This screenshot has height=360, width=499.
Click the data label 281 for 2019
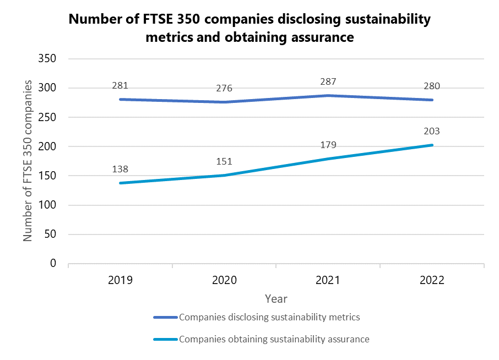tap(120, 85)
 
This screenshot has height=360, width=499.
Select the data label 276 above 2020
tap(224, 88)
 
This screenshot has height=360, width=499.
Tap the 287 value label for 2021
tap(328, 81)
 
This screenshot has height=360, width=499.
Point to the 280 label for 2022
tap(432, 86)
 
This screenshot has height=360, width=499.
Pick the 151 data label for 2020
tap(224, 162)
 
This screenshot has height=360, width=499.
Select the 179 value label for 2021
tap(328, 145)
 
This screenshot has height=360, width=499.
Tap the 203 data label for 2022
tap(432, 131)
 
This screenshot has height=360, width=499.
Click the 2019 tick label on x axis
tap(120, 280)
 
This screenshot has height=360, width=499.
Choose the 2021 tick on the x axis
tap(328, 280)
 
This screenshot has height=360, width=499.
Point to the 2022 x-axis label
tap(432, 280)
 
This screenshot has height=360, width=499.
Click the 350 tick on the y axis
tap(48, 59)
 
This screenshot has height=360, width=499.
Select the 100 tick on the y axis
tap(48, 205)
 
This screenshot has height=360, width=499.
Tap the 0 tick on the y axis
tap(53, 264)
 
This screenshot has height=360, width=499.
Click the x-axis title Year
tap(275, 299)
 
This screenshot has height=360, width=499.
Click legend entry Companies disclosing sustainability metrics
tap(269, 317)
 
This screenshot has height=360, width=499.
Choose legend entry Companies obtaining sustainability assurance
tap(274, 339)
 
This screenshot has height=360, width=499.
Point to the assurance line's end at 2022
tap(432, 145)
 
